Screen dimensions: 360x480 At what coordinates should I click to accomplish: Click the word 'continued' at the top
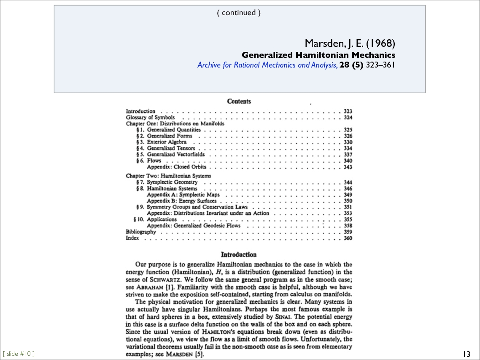[x=239, y=13]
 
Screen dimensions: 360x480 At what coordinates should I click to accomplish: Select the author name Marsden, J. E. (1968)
[x=350, y=43]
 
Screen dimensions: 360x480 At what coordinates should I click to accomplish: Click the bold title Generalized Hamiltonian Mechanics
[x=318, y=55]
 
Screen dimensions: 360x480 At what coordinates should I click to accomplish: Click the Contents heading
[x=239, y=101]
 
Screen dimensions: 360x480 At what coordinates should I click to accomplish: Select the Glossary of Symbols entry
[x=150, y=117]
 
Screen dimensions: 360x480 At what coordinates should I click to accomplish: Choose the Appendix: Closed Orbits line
[x=176, y=167]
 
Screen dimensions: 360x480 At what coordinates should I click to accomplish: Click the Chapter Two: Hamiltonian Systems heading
[x=168, y=176]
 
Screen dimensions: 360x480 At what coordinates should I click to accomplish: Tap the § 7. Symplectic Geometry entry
[x=167, y=182]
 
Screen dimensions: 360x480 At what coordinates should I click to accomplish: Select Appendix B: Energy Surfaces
[x=181, y=201]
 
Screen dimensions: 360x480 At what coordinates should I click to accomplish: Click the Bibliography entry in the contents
[x=141, y=232]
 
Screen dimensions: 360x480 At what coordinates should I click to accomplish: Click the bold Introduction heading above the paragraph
[x=238, y=254]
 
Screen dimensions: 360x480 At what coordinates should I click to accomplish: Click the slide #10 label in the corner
[x=19, y=354]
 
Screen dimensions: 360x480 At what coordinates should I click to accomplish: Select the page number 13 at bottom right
[x=467, y=354]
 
